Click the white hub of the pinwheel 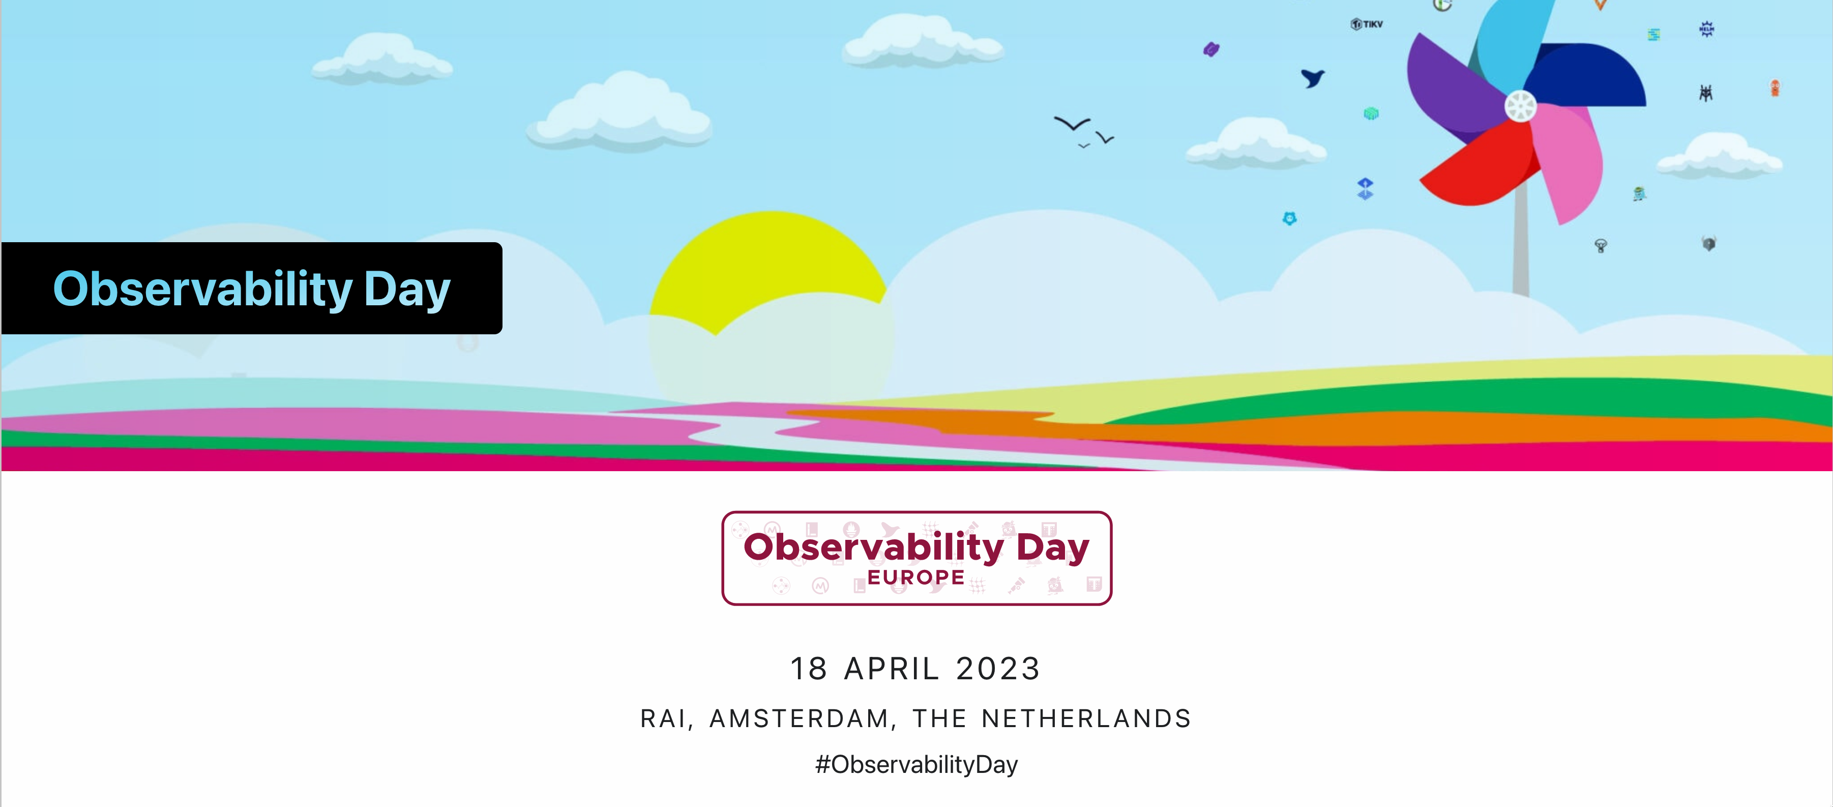click(x=1521, y=107)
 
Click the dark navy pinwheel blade click(x=1590, y=75)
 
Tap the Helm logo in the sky click(x=1706, y=29)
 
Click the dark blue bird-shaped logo click(x=1313, y=77)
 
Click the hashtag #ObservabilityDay click(x=916, y=764)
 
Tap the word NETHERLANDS click(x=1086, y=719)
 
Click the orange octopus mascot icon click(x=1775, y=88)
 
